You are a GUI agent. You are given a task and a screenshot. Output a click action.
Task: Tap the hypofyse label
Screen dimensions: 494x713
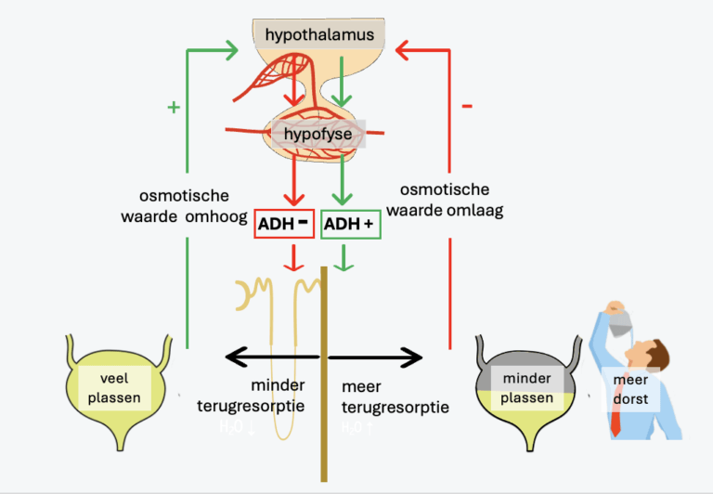click(x=318, y=135)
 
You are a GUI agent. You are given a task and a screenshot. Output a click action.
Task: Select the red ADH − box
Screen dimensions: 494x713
click(x=284, y=225)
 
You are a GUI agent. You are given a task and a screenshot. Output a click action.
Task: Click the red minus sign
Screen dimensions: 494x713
click(x=466, y=107)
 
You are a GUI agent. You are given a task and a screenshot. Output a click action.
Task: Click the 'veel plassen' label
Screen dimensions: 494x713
click(x=116, y=387)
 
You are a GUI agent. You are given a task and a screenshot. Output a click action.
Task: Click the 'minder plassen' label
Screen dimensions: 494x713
click(x=526, y=388)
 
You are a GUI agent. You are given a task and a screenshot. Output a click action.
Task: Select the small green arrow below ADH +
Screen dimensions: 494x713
click(x=344, y=262)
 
